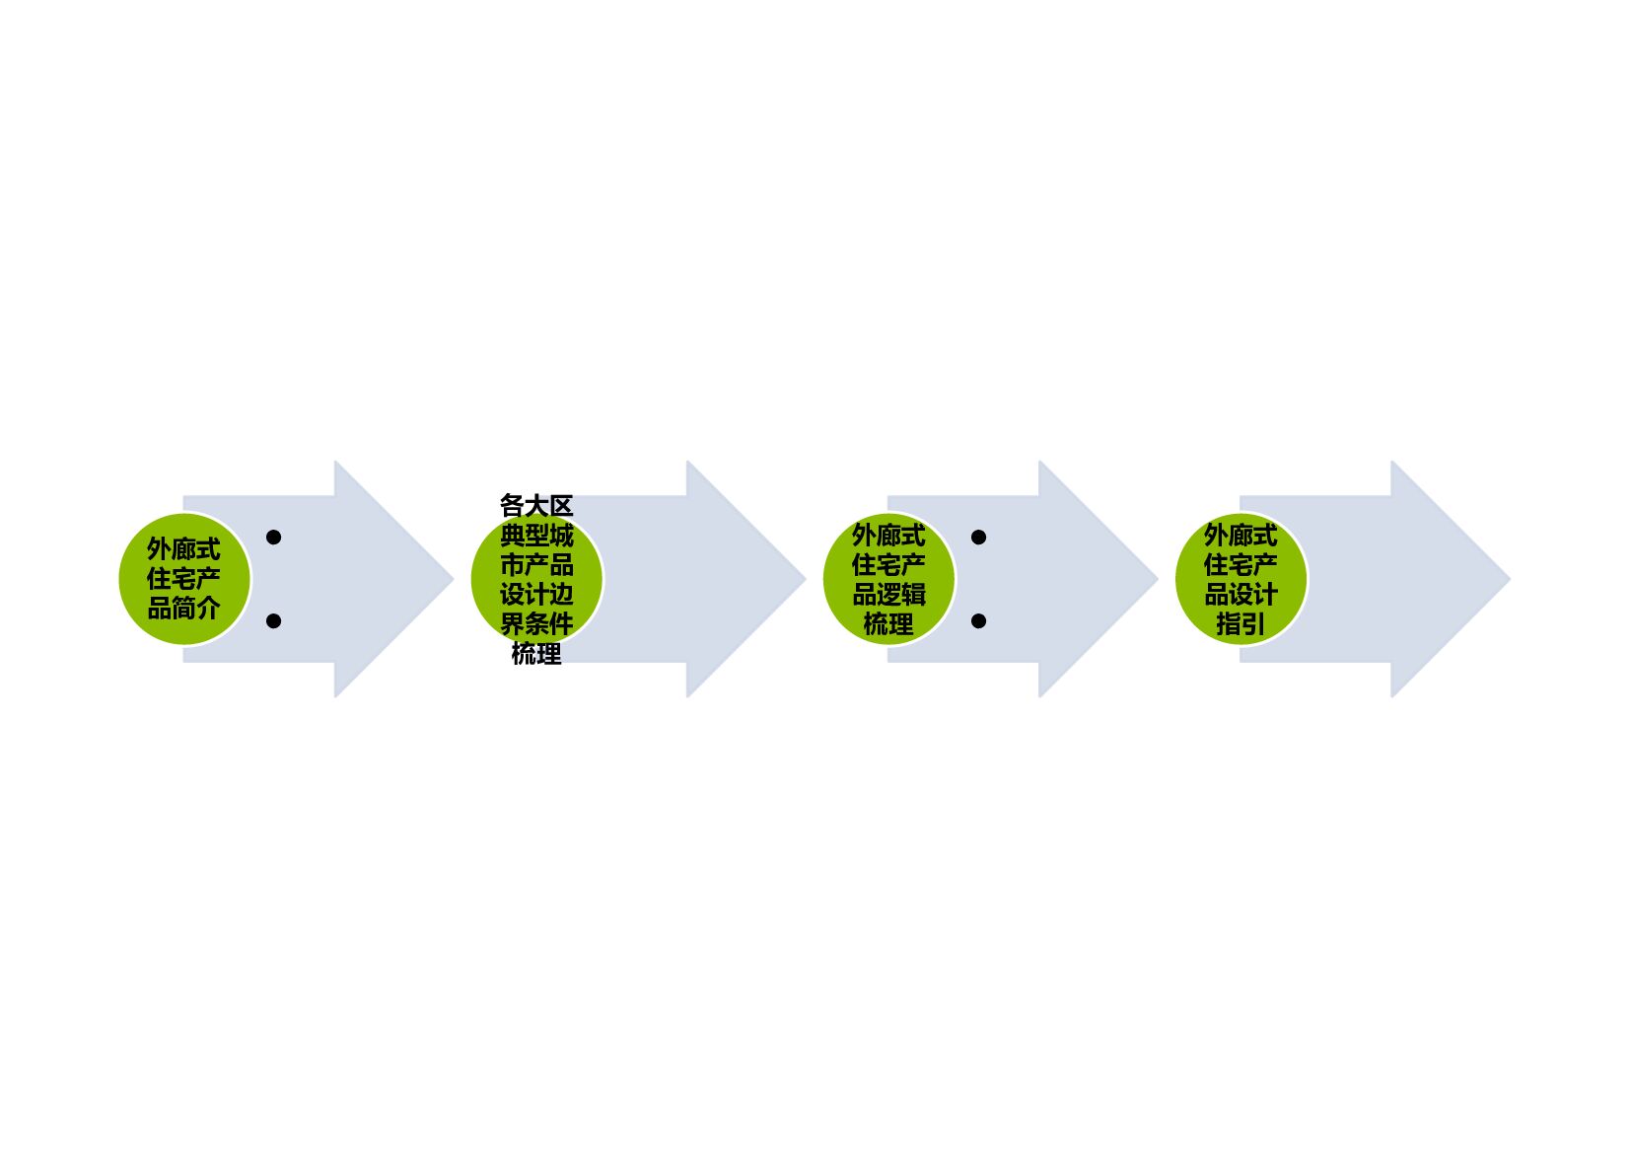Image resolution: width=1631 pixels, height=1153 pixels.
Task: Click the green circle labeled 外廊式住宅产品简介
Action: (183, 579)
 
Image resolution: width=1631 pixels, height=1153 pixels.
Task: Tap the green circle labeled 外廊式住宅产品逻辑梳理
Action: (888, 579)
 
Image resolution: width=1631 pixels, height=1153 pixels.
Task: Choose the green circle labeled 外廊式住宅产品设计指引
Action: (1241, 579)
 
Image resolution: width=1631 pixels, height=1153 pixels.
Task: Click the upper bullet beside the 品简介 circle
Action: (274, 538)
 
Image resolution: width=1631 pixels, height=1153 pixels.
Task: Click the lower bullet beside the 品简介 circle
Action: (274, 621)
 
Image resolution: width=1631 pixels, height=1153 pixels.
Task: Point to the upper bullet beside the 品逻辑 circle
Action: (978, 538)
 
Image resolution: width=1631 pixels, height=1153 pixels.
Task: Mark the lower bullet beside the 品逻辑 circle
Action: (978, 621)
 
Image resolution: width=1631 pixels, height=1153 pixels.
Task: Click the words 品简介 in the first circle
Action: (183, 609)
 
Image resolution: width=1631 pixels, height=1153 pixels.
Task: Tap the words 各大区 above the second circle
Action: (536, 506)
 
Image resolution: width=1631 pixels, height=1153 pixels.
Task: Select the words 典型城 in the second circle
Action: (536, 536)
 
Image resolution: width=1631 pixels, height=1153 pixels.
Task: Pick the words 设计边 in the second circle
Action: (536, 595)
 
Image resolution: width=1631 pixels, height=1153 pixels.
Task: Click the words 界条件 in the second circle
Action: (536, 623)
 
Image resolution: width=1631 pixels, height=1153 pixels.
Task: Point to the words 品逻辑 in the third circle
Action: (888, 595)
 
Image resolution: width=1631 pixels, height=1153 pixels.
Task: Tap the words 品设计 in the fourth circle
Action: (1241, 595)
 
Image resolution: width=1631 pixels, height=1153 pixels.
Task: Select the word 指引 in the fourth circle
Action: (1241, 624)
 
